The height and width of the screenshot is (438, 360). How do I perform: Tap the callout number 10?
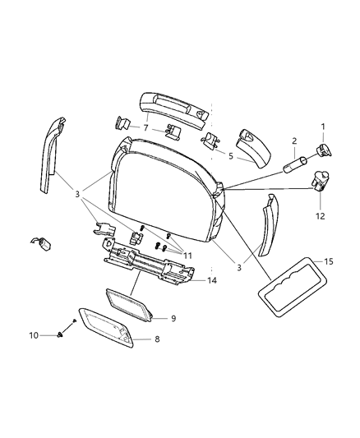[58, 335]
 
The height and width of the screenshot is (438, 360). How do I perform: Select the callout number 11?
[188, 256]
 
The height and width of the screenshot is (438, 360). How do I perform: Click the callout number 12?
[321, 217]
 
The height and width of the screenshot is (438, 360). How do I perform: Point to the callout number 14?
[211, 281]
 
